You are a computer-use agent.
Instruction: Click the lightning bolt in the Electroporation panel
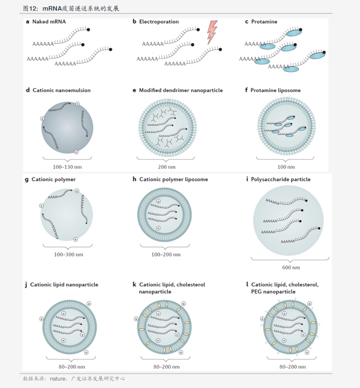(x=212, y=31)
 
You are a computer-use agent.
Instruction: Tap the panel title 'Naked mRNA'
(x=49, y=22)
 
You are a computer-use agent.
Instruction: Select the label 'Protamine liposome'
(x=275, y=90)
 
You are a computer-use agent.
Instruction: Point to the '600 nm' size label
(x=291, y=268)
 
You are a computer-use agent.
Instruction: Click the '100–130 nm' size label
(x=67, y=167)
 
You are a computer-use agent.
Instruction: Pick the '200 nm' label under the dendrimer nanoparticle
(x=167, y=167)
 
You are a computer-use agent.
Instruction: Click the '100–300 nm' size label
(x=68, y=254)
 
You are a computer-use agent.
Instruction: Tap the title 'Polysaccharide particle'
(x=281, y=179)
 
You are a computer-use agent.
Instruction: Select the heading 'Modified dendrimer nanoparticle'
(x=181, y=90)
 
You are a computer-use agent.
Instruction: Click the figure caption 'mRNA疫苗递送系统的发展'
(x=80, y=8)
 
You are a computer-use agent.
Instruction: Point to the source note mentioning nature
(x=74, y=378)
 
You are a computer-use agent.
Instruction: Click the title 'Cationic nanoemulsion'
(x=62, y=90)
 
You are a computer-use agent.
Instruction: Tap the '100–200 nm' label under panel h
(x=166, y=254)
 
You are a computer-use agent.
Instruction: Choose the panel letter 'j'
(x=26, y=285)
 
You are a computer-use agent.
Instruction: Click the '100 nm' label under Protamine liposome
(x=286, y=167)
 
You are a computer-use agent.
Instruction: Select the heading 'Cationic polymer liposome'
(x=174, y=179)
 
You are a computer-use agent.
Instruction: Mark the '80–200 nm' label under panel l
(x=292, y=367)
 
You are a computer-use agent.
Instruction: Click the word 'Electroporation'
(x=159, y=22)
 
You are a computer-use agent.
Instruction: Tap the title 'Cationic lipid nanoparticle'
(x=64, y=285)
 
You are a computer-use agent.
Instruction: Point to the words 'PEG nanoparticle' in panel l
(x=273, y=292)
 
